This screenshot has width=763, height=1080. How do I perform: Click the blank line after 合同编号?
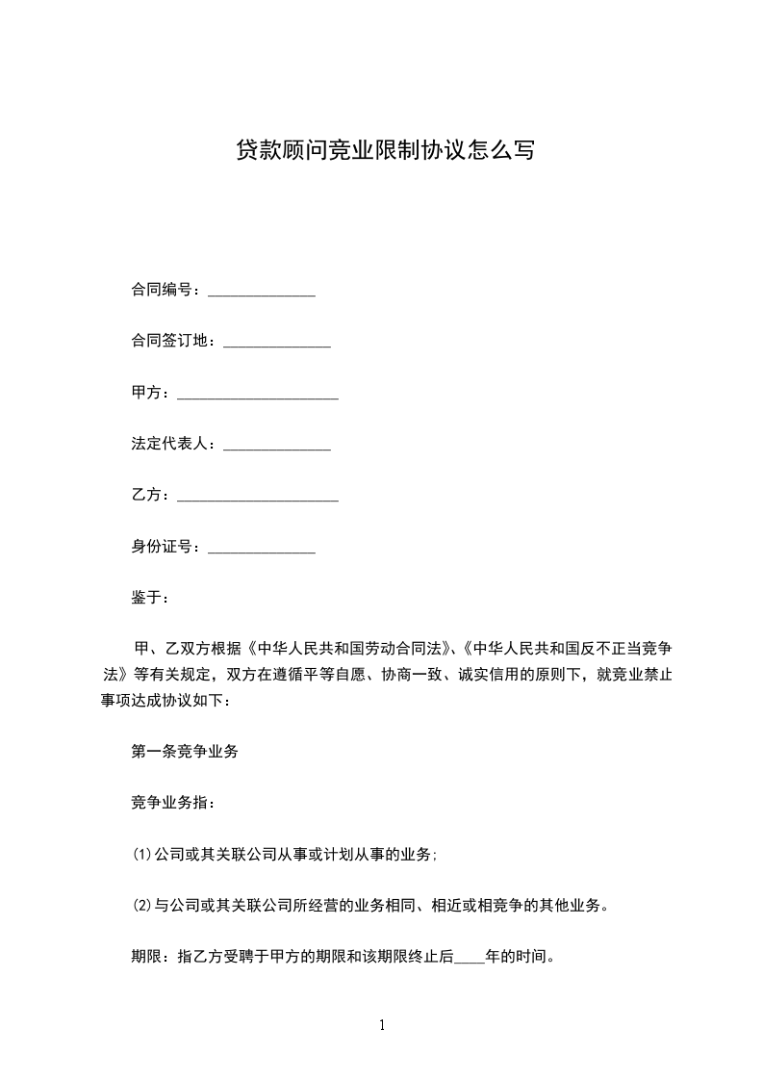[262, 290]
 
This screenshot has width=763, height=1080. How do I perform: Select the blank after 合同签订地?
[277, 342]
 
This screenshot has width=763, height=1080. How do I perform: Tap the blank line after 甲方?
[258, 394]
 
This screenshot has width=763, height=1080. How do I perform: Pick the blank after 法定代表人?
[277, 446]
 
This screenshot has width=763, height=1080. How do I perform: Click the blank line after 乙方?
[258, 497]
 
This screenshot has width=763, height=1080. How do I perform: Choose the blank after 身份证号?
[262, 549]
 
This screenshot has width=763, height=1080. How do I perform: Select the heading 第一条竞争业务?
[185, 753]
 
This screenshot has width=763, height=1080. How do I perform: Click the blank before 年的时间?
[469, 959]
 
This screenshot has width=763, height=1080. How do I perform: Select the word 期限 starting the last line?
[146, 958]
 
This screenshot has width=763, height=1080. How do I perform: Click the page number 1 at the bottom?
[382, 1026]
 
